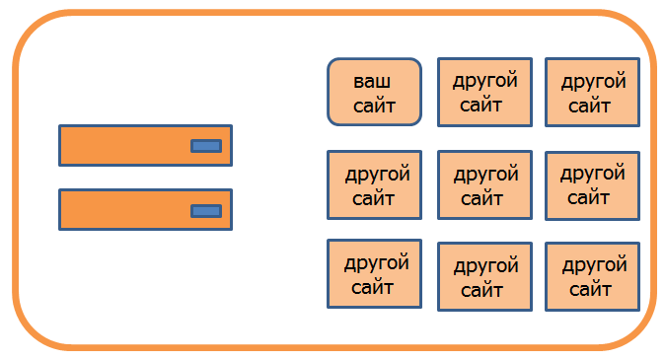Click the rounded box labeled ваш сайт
(x=374, y=92)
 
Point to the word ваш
(x=372, y=81)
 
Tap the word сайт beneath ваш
(x=374, y=106)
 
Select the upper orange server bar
(x=145, y=145)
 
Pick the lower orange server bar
(x=145, y=209)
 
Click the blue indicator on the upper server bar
(x=206, y=146)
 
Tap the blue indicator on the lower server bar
(x=206, y=211)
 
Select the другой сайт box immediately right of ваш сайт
(x=484, y=92)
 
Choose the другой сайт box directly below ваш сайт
(x=374, y=184)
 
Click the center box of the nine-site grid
(x=484, y=184)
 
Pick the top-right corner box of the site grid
(x=592, y=92)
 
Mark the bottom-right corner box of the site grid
(x=592, y=276)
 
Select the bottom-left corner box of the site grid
(x=374, y=273)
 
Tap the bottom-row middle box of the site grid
(x=484, y=276)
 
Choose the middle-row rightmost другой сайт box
(x=592, y=185)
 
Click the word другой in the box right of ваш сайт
(x=485, y=81)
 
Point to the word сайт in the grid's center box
(x=481, y=198)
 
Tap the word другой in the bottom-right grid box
(x=595, y=265)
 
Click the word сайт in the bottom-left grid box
(x=372, y=287)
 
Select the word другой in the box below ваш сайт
(x=378, y=175)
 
